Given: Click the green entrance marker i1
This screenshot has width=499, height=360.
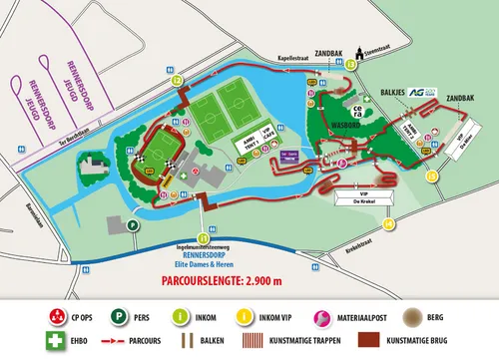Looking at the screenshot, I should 204,238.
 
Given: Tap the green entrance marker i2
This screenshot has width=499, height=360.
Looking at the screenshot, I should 178,78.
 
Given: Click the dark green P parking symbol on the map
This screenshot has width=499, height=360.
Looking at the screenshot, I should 133,226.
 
